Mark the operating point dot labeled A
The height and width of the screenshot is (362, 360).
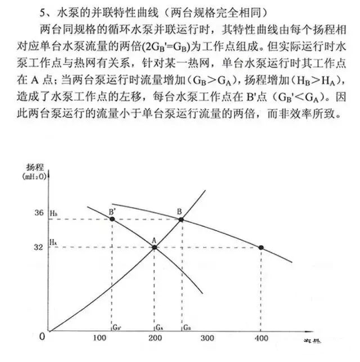click(154, 247)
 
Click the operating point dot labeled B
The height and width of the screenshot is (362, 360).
click(181, 219)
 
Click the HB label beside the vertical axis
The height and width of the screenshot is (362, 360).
click(54, 214)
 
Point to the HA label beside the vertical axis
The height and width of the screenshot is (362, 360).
click(53, 242)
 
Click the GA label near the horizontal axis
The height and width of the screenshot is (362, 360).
click(159, 326)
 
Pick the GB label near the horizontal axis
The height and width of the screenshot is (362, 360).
click(186, 326)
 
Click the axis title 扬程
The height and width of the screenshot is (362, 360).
click(34, 167)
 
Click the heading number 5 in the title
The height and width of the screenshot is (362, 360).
click(43, 12)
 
